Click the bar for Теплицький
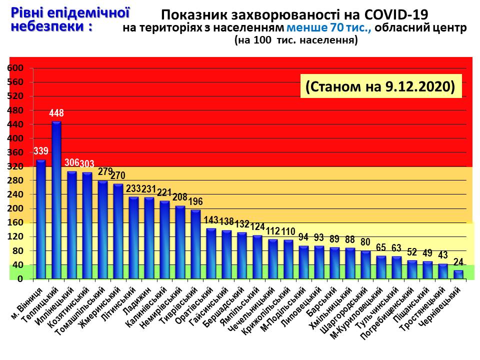point(56,200)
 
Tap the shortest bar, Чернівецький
point(458,274)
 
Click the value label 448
point(56,113)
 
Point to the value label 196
point(195,201)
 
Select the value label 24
point(458,261)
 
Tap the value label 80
point(366,242)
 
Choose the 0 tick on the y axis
point(20,279)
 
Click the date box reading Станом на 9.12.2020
point(380,86)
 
